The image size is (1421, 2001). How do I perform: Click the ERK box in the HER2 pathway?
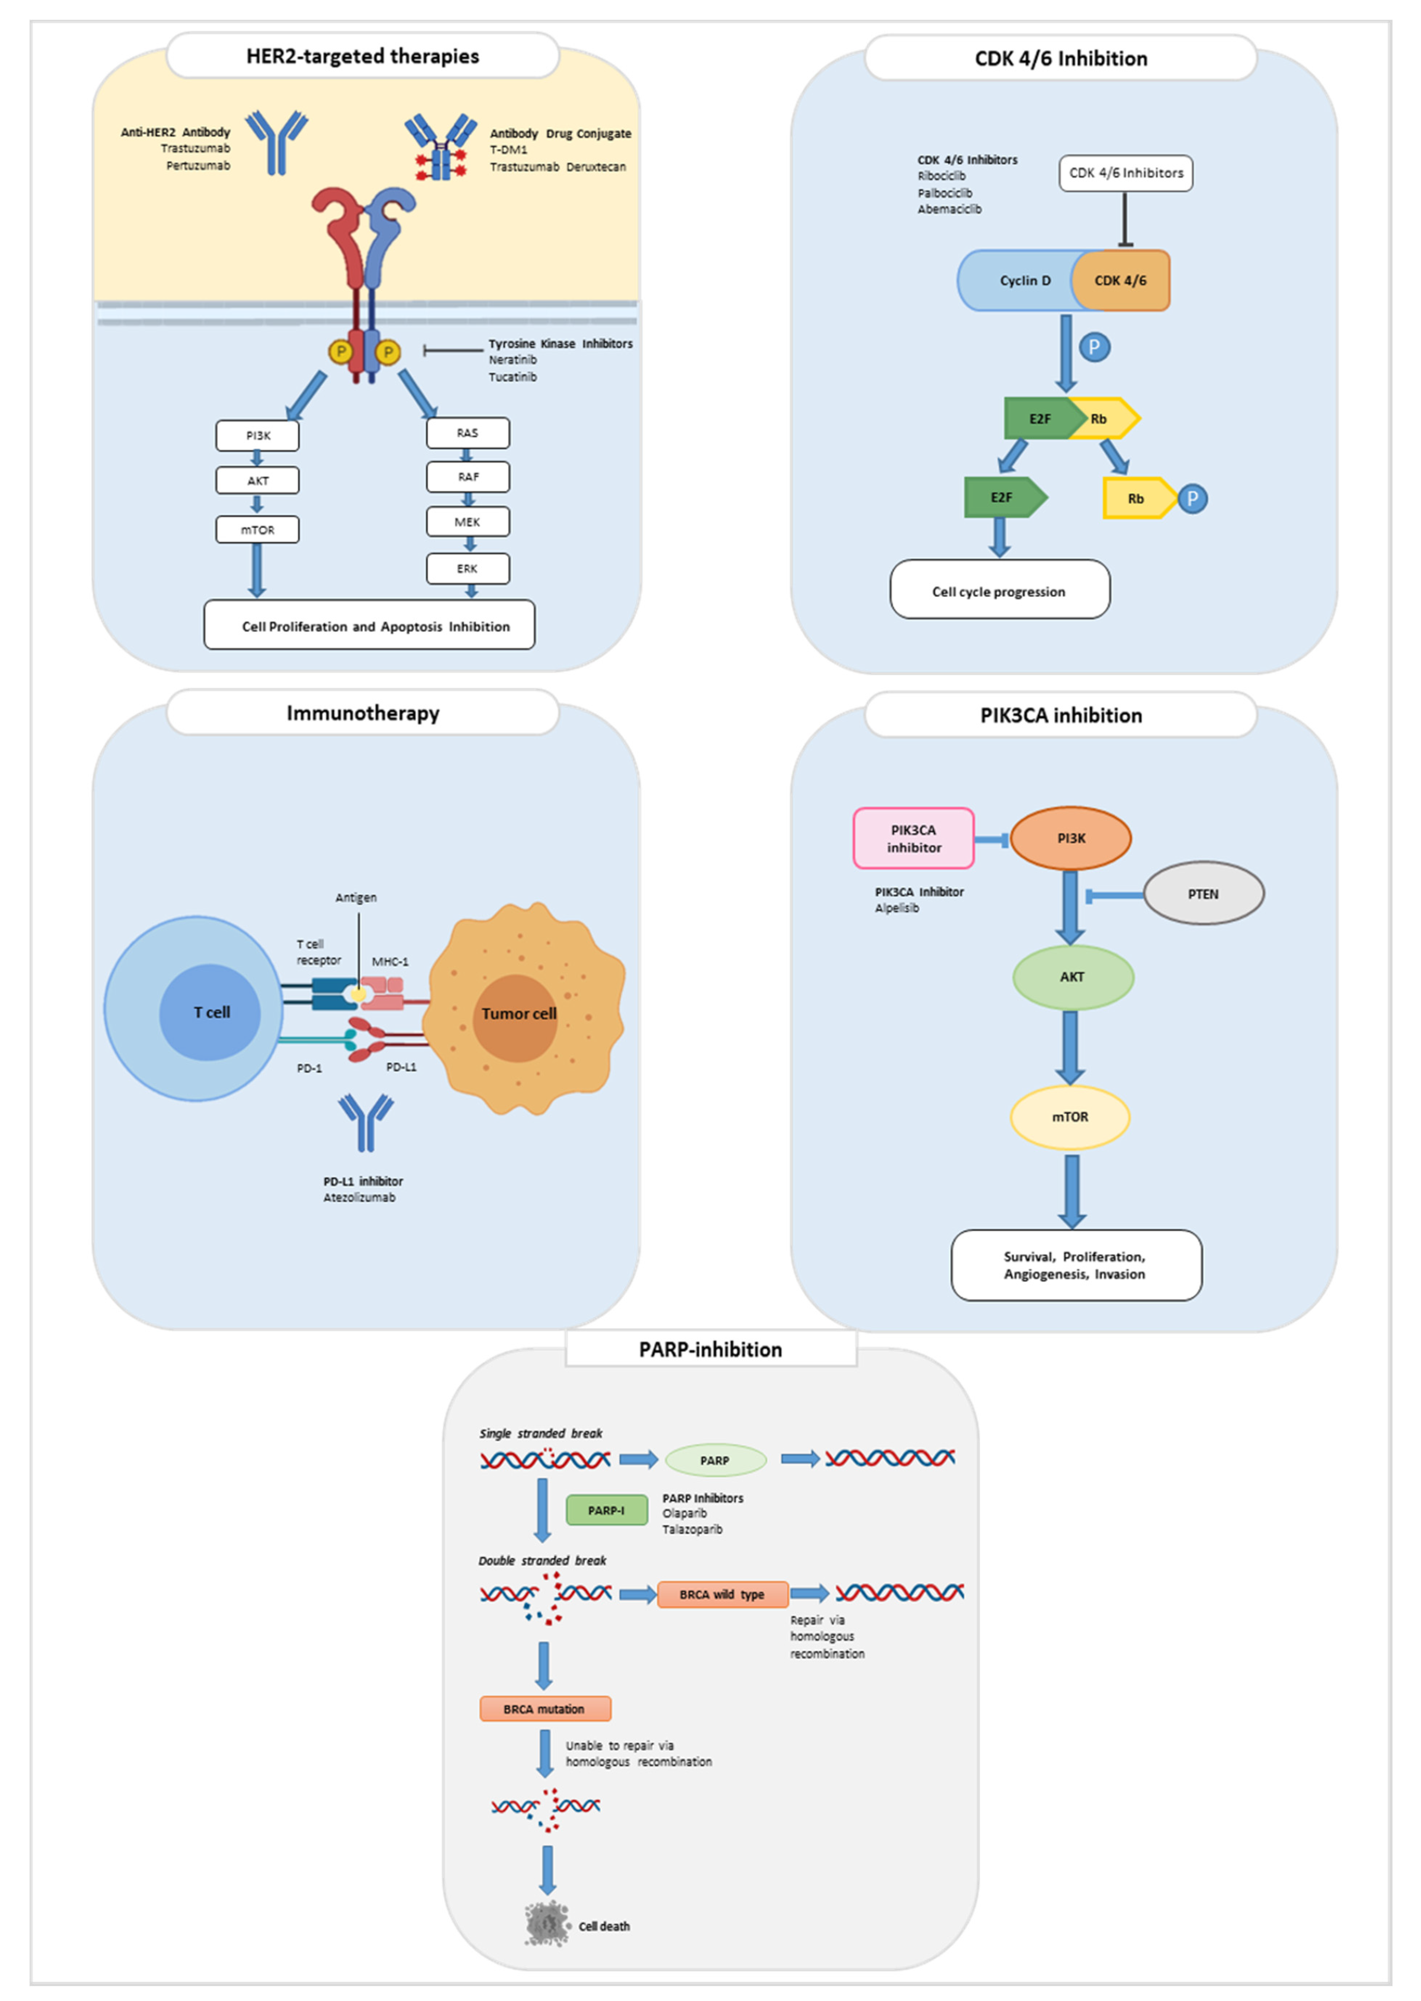tap(468, 569)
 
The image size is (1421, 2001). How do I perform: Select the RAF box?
tap(468, 477)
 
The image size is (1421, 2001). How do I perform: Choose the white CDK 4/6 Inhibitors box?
tap(1126, 173)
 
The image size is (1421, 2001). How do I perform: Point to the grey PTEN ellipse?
tap(1204, 893)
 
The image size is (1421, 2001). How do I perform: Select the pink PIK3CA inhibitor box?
tap(914, 838)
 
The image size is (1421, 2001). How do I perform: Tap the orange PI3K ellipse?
tap(1071, 838)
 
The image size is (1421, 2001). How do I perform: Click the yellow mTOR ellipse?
tap(1070, 1117)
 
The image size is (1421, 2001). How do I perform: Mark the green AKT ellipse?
tap(1073, 977)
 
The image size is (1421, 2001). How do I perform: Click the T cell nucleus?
tap(210, 1012)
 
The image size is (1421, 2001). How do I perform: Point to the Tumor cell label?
tap(519, 1013)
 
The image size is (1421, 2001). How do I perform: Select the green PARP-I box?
tap(607, 1510)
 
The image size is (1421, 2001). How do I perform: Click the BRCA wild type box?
tap(723, 1594)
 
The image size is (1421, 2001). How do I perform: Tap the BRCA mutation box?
tap(545, 1709)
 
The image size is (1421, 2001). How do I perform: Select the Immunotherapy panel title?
tap(363, 713)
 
